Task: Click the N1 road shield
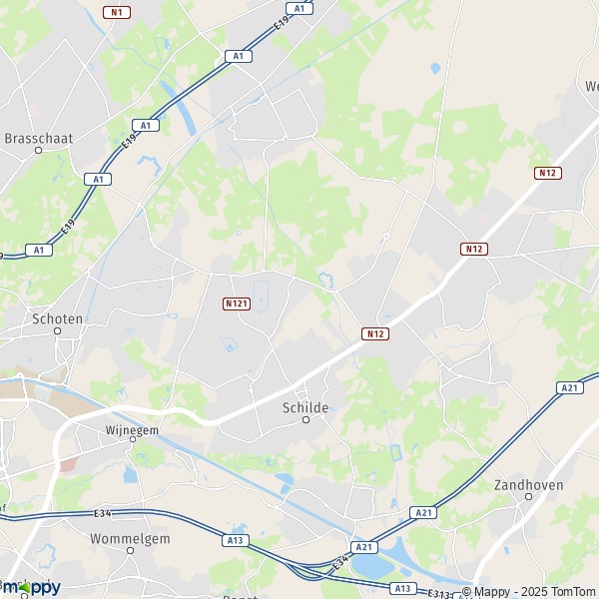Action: pyautogui.click(x=117, y=12)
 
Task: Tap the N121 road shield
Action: pyautogui.click(x=237, y=302)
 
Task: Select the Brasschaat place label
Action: pyautogui.click(x=39, y=139)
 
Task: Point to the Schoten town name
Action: pyautogui.click(x=58, y=318)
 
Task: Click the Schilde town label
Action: pyautogui.click(x=305, y=408)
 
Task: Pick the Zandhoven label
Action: pyautogui.click(x=529, y=485)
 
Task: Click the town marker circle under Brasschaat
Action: pyautogui.click(x=39, y=151)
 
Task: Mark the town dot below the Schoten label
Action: pyautogui.click(x=58, y=330)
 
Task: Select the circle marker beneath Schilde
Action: pyautogui.click(x=306, y=419)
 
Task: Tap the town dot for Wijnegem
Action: pyautogui.click(x=132, y=439)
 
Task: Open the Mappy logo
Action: pyautogui.click(x=30, y=587)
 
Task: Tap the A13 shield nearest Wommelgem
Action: pyautogui.click(x=236, y=540)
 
